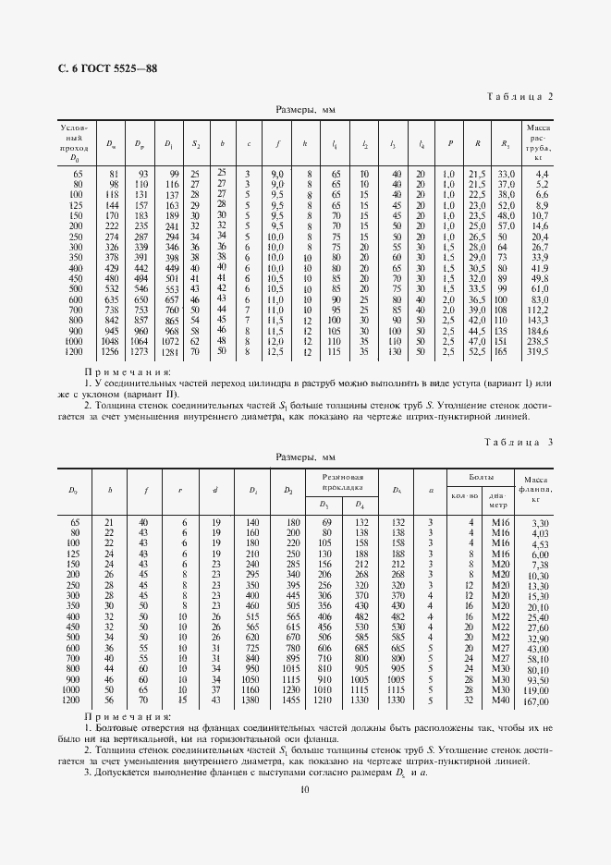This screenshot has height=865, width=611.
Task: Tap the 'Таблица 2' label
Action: pos(519,95)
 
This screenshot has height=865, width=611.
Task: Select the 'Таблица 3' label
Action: pos(519,443)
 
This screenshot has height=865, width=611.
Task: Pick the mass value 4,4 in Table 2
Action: pos(541,174)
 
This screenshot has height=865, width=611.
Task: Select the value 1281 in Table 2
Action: pos(169,351)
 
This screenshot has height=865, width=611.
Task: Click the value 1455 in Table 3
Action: pos(293,700)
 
